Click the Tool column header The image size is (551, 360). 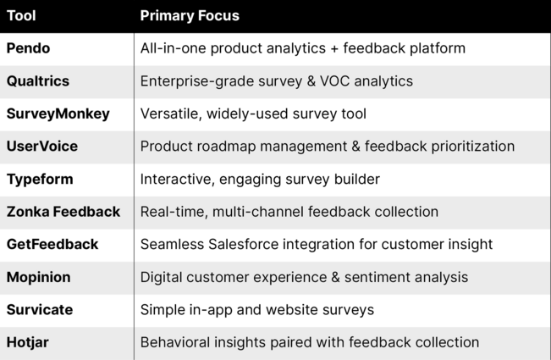(21, 16)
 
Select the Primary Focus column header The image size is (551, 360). (190, 16)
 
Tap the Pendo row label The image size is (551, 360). (28, 48)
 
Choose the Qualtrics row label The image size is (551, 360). (38, 81)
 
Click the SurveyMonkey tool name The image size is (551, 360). (58, 114)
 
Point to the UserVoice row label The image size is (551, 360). (42, 147)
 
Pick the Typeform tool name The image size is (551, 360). (40, 180)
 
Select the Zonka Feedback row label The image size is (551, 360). (63, 212)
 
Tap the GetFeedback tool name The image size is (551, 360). (52, 244)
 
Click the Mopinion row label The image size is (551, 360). (39, 277)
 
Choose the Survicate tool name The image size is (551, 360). (40, 310)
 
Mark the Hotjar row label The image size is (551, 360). (28, 343)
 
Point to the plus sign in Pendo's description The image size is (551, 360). (334, 49)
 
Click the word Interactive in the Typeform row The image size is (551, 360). (178, 180)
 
